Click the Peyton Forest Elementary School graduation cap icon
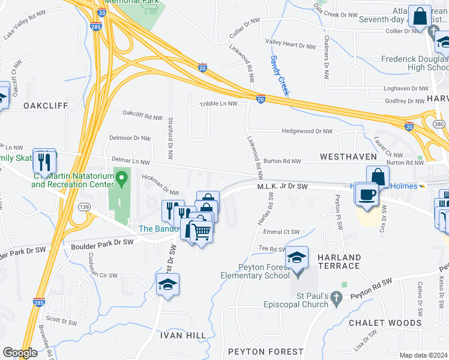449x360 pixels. point(297,257)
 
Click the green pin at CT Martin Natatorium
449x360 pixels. point(122,178)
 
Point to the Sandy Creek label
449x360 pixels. point(280,76)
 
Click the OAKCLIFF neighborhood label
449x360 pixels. point(46,106)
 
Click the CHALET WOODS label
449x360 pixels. point(385,323)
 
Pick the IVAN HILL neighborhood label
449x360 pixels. point(178,335)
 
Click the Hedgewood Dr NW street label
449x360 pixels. point(308,131)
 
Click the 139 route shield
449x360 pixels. point(83,207)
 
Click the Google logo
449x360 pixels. point(20,353)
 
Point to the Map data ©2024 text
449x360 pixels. point(424,355)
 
